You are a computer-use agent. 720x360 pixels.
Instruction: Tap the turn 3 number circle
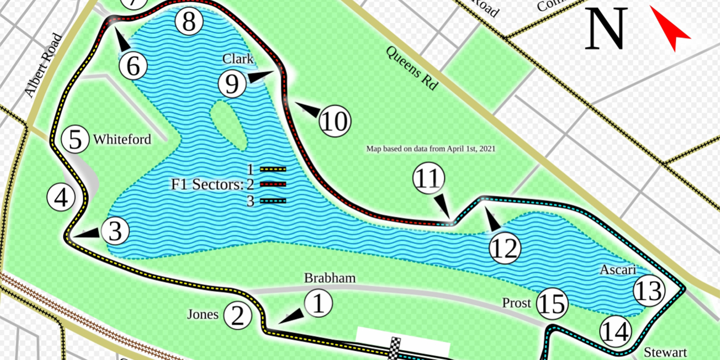pyautogui.click(x=115, y=231)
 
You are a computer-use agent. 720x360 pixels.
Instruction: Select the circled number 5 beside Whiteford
pyautogui.click(x=75, y=140)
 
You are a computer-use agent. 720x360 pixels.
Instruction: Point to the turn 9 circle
pyautogui.click(x=232, y=84)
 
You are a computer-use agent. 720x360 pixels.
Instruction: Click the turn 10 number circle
pyautogui.click(x=334, y=122)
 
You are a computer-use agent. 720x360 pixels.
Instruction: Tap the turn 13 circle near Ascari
pyautogui.click(x=649, y=291)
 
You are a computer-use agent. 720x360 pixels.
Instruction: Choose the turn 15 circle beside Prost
pyautogui.click(x=553, y=304)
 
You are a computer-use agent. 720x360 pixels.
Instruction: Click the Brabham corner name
pyautogui.click(x=330, y=278)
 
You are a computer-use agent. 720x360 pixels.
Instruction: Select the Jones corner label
pyautogui.click(x=202, y=314)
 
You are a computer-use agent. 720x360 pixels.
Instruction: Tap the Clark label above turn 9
pyautogui.click(x=238, y=59)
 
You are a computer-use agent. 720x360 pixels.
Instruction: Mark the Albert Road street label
pyautogui.click(x=43, y=65)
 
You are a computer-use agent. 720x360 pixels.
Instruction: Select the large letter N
pyautogui.click(x=607, y=29)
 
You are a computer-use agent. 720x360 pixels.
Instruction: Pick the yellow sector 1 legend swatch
pyautogui.click(x=273, y=169)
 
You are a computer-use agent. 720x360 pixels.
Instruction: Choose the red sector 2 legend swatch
pyautogui.click(x=273, y=184)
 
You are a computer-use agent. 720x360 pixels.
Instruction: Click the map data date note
pyautogui.click(x=430, y=149)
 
